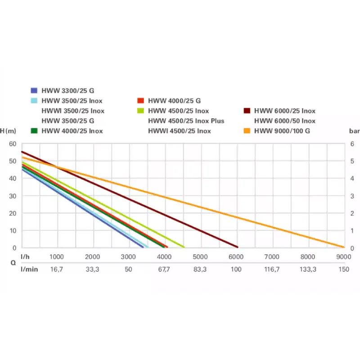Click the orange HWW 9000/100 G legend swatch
(x=247, y=131)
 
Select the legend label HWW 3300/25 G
(x=67, y=90)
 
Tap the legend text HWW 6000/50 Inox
(x=285, y=121)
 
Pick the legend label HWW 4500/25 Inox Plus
(x=186, y=121)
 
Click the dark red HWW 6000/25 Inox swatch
(x=247, y=111)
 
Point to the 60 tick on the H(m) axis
(x=13, y=144)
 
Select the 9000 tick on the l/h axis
(x=343, y=256)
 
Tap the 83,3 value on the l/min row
(x=200, y=269)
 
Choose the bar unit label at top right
(x=354, y=131)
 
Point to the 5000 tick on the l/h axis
(x=200, y=256)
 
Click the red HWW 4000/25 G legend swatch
(x=140, y=100)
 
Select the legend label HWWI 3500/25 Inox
(x=72, y=111)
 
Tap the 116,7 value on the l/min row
(x=272, y=269)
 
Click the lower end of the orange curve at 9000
(x=343, y=247)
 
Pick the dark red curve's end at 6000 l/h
(x=237, y=247)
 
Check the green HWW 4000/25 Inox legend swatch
(x=34, y=131)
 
